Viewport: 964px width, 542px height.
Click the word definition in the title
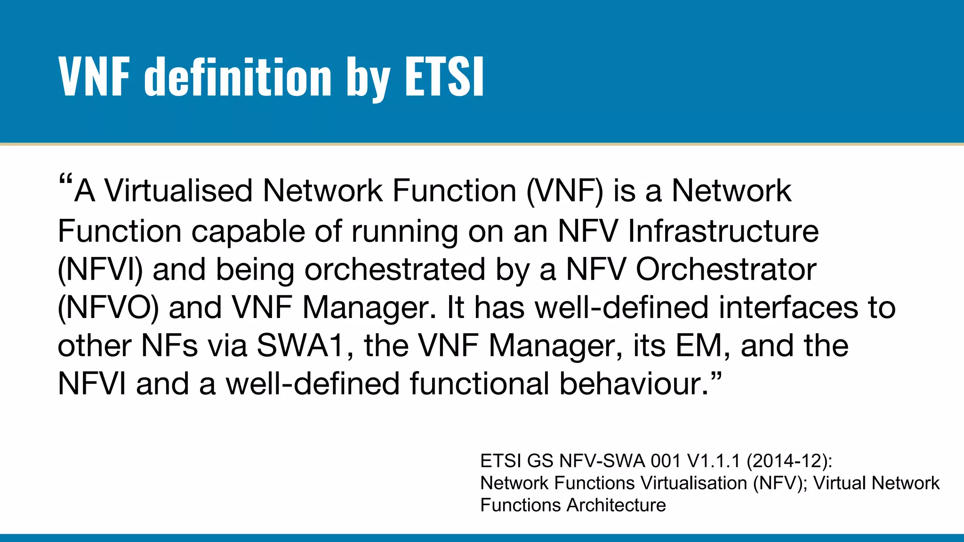[x=238, y=76]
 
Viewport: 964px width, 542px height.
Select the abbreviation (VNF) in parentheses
[x=564, y=191]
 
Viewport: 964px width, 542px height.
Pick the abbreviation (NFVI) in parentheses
[x=100, y=270]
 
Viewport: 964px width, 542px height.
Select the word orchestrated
[x=394, y=270]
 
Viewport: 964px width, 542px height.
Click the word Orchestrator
[x=726, y=270]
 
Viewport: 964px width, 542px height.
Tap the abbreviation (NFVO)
[x=108, y=308]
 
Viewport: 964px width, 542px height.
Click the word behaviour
[x=634, y=384]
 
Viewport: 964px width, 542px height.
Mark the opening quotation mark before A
[x=65, y=181]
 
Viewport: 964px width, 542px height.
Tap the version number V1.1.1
[x=714, y=461]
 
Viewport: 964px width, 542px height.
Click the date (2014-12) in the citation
[x=789, y=461]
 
